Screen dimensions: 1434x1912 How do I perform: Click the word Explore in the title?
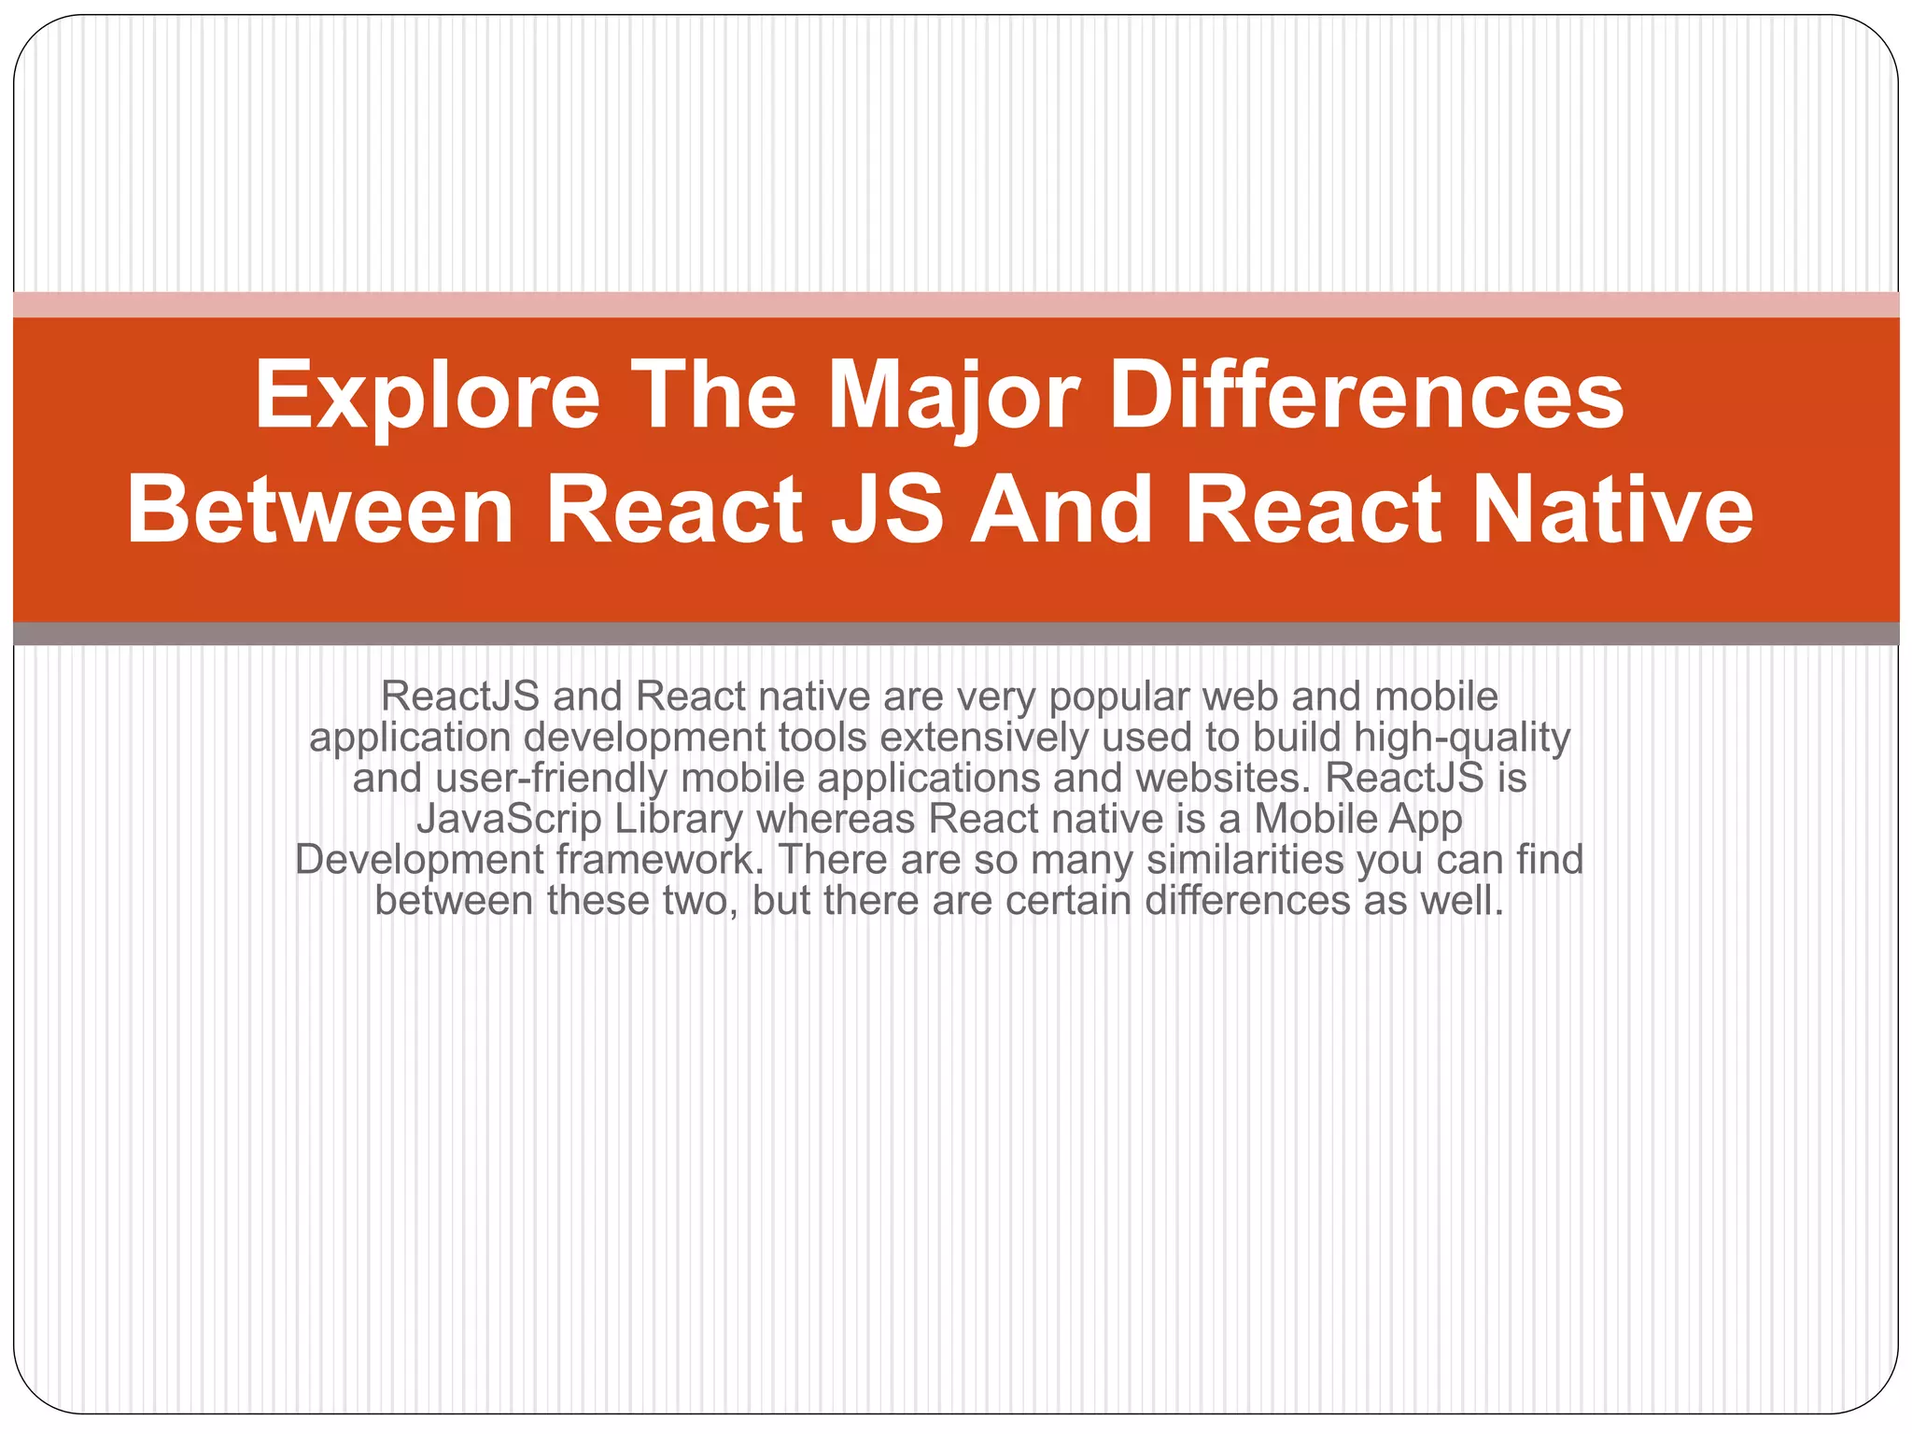point(427,397)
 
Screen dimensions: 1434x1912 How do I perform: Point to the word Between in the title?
point(320,511)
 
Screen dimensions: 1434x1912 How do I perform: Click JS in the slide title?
point(886,511)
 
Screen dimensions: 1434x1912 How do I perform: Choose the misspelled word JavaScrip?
point(509,819)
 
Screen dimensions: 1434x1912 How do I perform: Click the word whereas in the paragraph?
point(836,819)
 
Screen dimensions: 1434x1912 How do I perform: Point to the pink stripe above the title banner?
point(956,304)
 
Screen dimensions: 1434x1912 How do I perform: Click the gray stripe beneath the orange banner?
point(956,634)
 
